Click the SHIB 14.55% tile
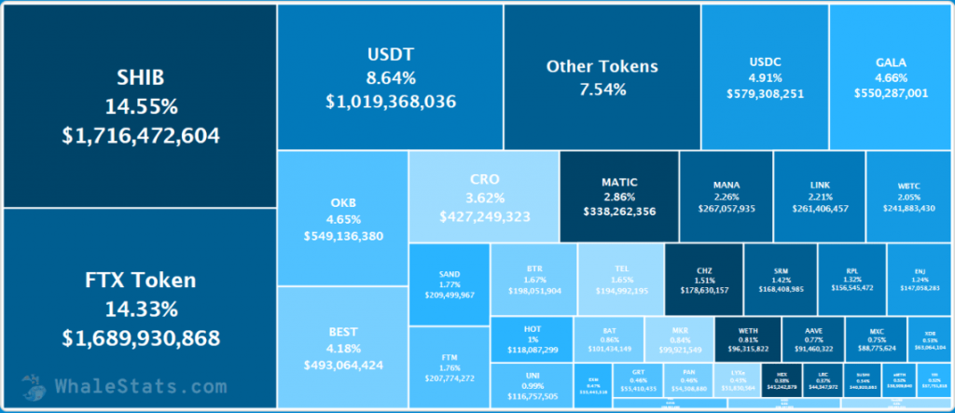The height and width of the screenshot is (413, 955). (140, 105)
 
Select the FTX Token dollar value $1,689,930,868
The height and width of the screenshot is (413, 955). (141, 337)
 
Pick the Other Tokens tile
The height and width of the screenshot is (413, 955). (602, 77)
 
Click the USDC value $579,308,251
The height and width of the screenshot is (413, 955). (764, 93)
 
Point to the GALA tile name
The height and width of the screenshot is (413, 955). (891, 62)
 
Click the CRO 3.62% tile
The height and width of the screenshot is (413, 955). (484, 197)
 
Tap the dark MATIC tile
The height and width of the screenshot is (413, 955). (618, 197)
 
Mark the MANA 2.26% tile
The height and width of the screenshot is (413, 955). (727, 197)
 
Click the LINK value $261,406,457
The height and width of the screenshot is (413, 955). (820, 209)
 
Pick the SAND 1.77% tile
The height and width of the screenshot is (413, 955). (449, 283)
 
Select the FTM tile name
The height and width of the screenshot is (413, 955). (449, 357)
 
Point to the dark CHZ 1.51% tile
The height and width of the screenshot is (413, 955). (704, 279)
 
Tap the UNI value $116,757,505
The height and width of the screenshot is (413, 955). (532, 395)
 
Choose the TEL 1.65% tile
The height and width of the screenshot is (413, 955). (620, 279)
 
